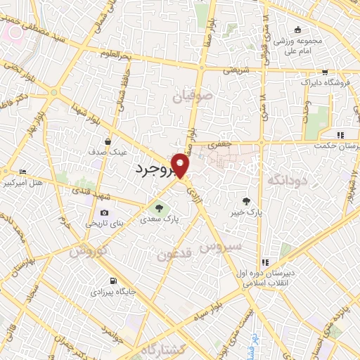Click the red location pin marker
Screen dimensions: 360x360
click(x=181, y=166)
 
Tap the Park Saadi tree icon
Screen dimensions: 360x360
click(x=159, y=207)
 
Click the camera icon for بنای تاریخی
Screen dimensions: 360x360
click(x=104, y=213)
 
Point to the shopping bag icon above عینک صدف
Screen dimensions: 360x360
click(x=107, y=141)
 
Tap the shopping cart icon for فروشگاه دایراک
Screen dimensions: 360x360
click(x=324, y=72)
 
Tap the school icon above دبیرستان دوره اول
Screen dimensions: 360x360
click(x=264, y=262)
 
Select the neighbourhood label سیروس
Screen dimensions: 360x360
click(x=220, y=247)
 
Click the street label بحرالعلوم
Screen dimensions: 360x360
click(x=114, y=54)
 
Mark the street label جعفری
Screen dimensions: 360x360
click(x=223, y=144)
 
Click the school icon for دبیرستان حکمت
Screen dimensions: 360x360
click(x=340, y=135)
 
